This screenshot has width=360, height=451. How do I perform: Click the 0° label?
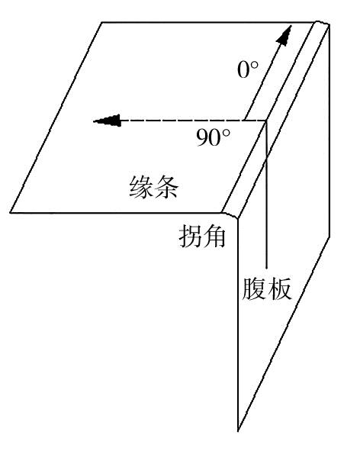tap(248, 70)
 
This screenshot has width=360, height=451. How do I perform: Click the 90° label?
tap(214, 137)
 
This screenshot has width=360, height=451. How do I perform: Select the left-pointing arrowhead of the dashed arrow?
tap(107, 121)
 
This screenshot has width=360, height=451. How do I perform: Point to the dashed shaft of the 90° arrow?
tap(193, 121)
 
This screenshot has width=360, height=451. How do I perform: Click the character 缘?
tap(141, 187)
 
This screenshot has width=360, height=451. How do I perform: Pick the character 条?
tap(166, 187)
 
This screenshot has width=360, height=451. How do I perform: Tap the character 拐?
tap(190, 236)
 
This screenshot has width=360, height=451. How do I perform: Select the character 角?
tap(214, 236)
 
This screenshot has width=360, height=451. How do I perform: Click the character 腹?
tap(254, 288)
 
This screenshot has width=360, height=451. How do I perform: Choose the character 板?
tap(279, 288)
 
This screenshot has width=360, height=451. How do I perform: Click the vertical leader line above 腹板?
tap(266, 195)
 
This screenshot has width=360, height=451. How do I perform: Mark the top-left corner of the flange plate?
tap(101, 22)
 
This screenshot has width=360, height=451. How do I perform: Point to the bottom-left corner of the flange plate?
tap(11, 213)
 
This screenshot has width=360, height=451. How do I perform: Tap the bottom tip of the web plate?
tap(238, 431)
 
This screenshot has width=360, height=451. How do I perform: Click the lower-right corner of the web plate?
tap(329, 237)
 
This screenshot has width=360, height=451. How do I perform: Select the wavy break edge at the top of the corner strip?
tap(321, 23)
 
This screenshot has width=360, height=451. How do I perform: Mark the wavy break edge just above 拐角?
tap(230, 215)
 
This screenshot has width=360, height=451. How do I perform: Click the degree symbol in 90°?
tap(227, 133)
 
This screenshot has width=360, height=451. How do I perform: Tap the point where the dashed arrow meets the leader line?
tap(266, 121)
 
